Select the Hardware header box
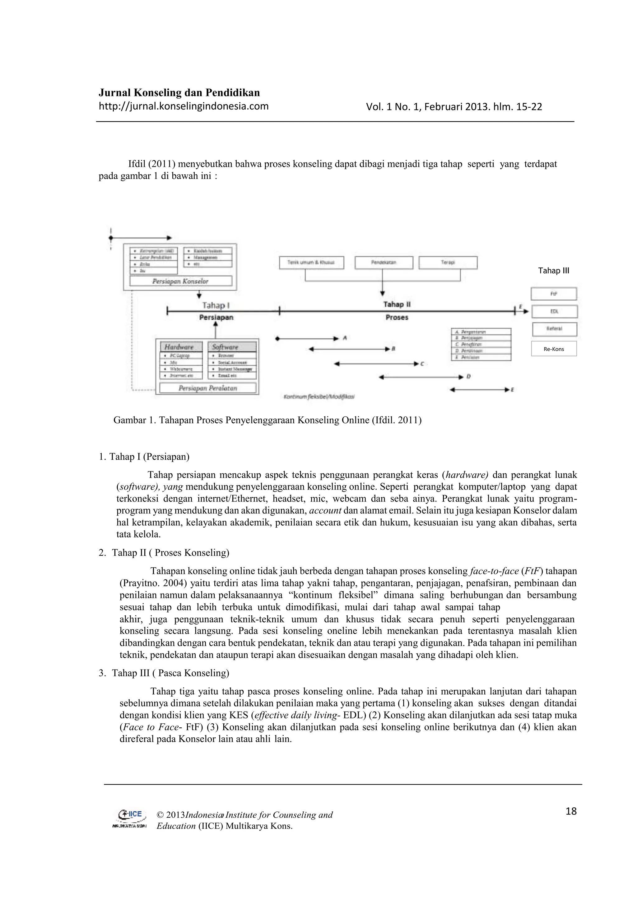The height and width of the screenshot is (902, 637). point(181,347)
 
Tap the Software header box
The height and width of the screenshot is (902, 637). point(232,347)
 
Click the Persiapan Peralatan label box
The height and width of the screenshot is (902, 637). point(208,388)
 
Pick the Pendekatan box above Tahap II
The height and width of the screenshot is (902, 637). point(384,262)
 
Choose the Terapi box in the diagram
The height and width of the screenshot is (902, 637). point(448,262)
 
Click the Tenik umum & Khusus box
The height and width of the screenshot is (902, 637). point(311,262)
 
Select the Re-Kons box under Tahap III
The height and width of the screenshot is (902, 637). point(553,349)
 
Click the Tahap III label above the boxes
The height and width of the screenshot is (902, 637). point(553,271)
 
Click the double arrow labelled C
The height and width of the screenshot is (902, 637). point(376,364)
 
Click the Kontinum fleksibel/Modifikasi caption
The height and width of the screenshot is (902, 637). point(319,397)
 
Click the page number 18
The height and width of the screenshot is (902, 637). point(571,811)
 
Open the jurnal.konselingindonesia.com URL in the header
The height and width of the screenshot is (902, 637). point(183,106)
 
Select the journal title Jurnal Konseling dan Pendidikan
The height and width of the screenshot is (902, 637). point(179,93)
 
